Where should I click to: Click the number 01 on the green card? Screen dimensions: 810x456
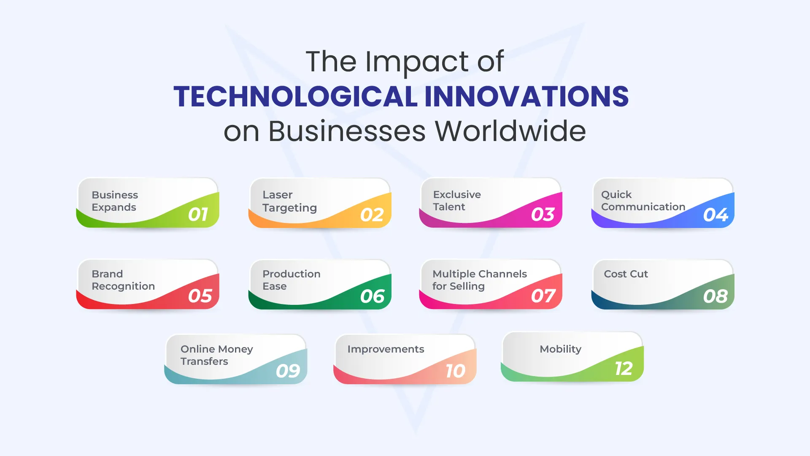pyautogui.click(x=198, y=214)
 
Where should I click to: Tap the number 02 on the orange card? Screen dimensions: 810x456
pyautogui.click(x=372, y=215)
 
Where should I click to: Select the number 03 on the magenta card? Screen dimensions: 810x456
pyautogui.click(x=543, y=214)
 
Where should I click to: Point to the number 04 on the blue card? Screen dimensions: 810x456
pyautogui.click(x=715, y=215)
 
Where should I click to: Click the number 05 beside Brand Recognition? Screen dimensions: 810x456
pyautogui.click(x=200, y=296)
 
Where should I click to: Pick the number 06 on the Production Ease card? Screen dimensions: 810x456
pyautogui.click(x=373, y=296)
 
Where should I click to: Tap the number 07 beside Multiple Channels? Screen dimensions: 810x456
pyautogui.click(x=543, y=296)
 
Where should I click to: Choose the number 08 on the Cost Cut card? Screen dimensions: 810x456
pyautogui.click(x=715, y=296)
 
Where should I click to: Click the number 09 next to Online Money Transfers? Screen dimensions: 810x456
pyautogui.click(x=288, y=371)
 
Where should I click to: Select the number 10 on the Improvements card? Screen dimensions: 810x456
pyautogui.click(x=456, y=371)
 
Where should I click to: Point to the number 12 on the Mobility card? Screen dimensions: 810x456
pyautogui.click(x=624, y=369)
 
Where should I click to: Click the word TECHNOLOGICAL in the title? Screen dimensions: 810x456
pyautogui.click(x=295, y=96)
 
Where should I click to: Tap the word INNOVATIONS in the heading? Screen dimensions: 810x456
pyautogui.click(x=526, y=96)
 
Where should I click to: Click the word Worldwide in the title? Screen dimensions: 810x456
pyautogui.click(x=510, y=131)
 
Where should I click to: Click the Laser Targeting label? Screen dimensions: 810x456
pyautogui.click(x=289, y=201)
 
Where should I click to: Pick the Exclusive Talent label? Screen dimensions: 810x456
pyautogui.click(x=457, y=201)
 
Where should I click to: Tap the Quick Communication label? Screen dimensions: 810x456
pyautogui.click(x=643, y=201)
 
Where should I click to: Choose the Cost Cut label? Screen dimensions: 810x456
pyautogui.click(x=626, y=274)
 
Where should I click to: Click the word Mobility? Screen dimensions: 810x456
pyautogui.click(x=560, y=350)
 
